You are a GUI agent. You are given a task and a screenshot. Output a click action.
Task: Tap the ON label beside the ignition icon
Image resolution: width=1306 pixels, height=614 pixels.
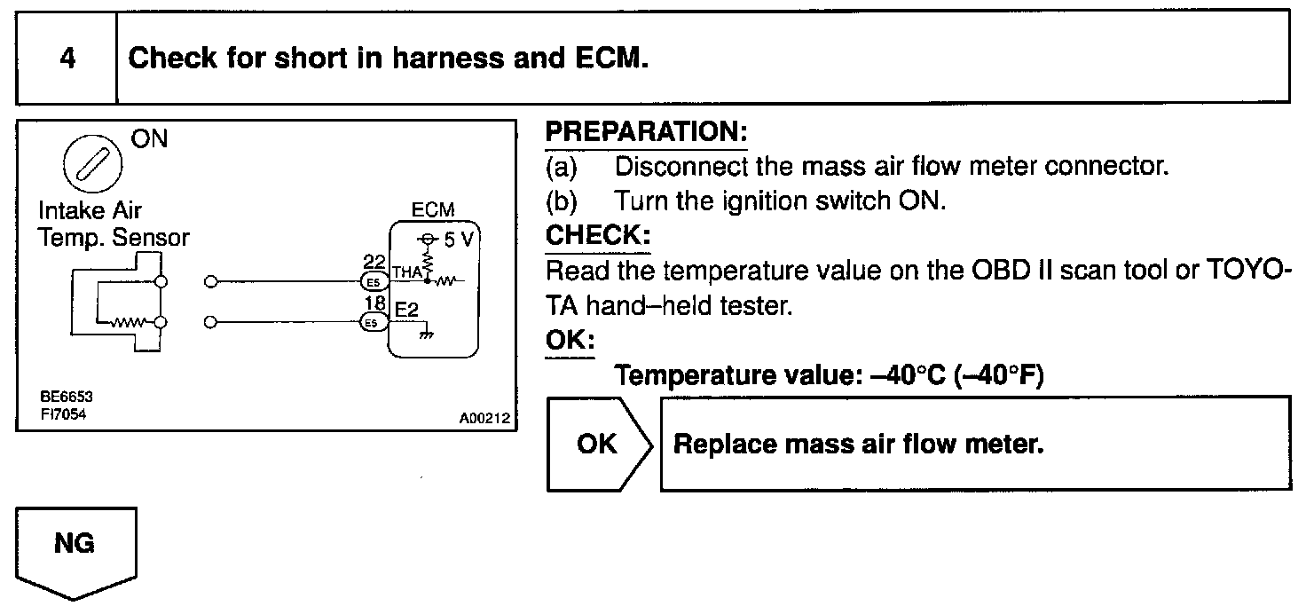pos(148,140)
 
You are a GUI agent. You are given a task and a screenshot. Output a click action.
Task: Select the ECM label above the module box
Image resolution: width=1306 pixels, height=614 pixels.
pos(433,210)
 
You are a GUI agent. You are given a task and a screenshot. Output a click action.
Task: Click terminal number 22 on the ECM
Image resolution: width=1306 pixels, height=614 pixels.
pos(373,263)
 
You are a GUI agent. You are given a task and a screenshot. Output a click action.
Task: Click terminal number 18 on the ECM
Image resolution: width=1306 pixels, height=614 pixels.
pos(373,304)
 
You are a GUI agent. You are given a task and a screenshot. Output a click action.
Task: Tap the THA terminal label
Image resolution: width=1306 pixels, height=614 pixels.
pos(406,275)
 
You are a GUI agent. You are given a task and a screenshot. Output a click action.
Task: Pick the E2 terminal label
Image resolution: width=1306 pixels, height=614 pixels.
pos(406,310)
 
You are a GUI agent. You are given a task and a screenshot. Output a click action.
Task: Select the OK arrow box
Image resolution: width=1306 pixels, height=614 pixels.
pos(598,444)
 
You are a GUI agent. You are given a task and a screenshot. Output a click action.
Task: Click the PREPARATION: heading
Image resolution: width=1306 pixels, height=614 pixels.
pos(646,133)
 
